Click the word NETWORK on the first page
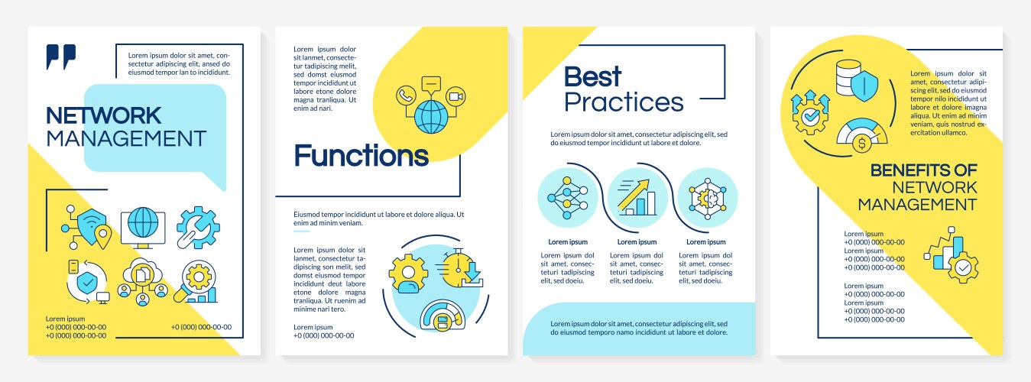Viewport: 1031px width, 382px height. [104, 115]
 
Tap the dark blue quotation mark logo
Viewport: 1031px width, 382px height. [60, 57]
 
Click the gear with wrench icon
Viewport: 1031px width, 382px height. [198, 228]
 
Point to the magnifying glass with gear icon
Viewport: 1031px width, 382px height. [196, 282]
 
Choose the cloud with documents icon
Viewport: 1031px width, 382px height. [143, 282]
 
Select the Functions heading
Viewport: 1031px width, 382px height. [361, 156]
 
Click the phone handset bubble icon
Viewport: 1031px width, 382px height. [406, 95]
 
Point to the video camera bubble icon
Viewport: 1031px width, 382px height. [456, 96]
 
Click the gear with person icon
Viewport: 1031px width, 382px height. [408, 274]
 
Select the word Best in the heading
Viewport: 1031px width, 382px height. [593, 76]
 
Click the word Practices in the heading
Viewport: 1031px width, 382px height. [624, 102]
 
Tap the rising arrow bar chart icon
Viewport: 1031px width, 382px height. [637, 198]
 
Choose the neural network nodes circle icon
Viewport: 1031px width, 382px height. [568, 198]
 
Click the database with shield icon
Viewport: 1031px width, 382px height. [856, 80]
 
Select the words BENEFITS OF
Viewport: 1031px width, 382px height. [923, 170]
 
